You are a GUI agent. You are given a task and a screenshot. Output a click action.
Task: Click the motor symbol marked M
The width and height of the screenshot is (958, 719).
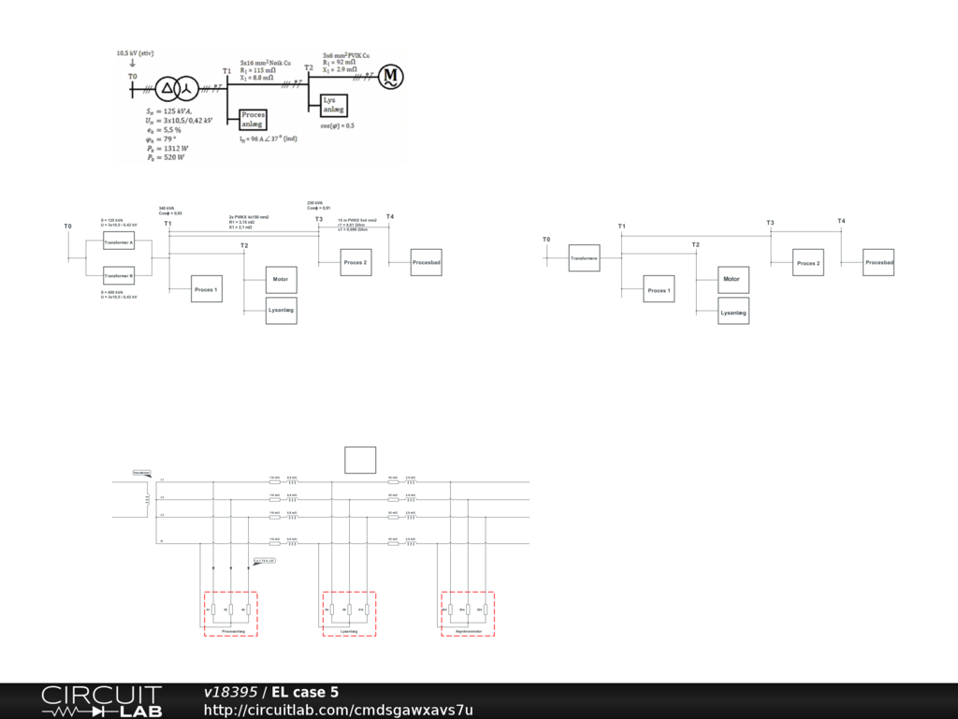point(390,76)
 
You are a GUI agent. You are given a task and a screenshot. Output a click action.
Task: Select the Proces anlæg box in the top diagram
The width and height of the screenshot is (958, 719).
point(254,119)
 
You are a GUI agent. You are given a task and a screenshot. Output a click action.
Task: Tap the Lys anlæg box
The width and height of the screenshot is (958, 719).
point(332,105)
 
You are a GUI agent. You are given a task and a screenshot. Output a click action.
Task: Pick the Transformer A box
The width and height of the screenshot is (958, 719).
point(119,242)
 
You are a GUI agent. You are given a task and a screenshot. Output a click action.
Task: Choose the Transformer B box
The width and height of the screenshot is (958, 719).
point(119,276)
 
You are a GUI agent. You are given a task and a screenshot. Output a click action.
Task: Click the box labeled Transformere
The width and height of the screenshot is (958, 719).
point(584,257)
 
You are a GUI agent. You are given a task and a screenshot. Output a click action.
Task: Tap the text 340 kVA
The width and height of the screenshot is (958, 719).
point(165,208)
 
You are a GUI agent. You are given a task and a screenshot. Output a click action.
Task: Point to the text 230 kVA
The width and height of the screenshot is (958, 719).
point(313,202)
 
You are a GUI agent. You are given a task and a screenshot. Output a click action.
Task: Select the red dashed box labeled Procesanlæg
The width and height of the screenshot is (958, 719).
point(231,613)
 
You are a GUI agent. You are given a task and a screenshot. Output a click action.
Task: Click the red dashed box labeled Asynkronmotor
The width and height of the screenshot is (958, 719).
point(468,613)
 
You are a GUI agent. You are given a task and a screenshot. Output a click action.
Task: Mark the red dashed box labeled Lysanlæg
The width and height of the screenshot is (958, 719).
point(349,613)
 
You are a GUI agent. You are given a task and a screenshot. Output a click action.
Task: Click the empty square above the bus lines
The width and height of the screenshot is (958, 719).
point(360,460)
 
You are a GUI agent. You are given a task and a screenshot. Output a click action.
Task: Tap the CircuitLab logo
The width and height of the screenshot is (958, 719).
point(101,701)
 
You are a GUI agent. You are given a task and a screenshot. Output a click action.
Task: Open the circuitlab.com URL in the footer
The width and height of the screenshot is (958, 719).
point(339,711)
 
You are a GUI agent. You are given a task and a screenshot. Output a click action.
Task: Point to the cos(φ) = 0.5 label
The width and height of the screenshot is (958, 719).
point(337,125)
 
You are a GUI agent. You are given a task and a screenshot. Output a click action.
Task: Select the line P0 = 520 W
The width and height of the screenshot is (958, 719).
point(166,158)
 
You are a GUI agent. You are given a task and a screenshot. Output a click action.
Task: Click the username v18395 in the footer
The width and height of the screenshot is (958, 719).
point(230,693)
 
